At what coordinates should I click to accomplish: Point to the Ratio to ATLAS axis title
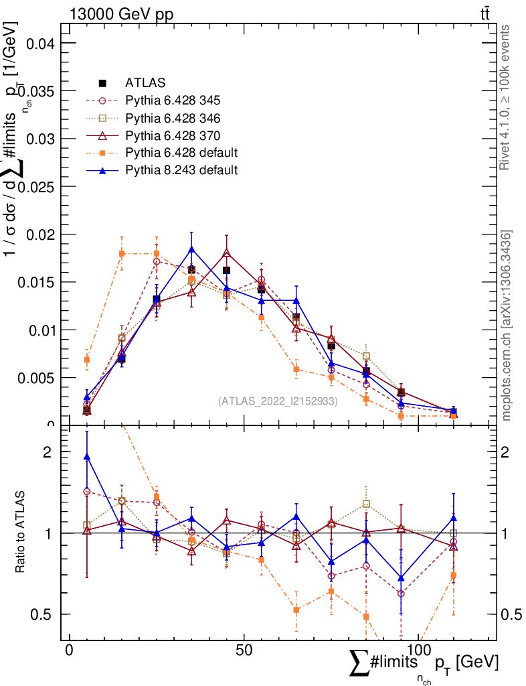tap(20, 533)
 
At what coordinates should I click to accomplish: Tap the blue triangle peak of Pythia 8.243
tap(191, 249)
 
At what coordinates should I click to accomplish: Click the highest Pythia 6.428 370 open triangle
tap(226, 253)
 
